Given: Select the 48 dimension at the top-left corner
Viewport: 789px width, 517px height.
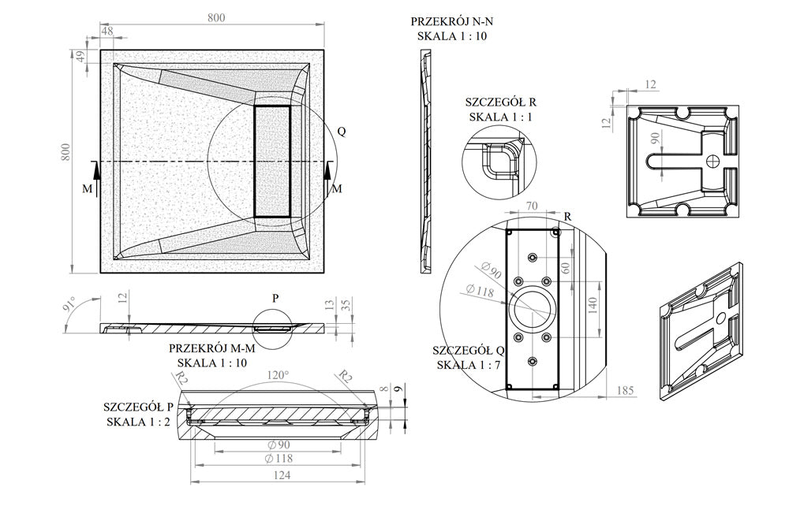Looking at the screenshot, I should [108, 32].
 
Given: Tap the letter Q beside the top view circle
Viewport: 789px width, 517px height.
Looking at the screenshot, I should [341, 132].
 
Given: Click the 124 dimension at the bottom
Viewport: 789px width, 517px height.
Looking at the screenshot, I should [282, 475].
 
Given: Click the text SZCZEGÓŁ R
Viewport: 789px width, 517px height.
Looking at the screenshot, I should [500, 102].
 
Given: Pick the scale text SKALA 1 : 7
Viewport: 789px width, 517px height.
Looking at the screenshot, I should [467, 364].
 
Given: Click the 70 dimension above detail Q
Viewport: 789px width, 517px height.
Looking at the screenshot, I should [531, 207].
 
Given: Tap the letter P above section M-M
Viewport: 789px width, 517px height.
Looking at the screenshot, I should [275, 299].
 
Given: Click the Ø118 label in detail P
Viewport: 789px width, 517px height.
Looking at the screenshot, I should [280, 458].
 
